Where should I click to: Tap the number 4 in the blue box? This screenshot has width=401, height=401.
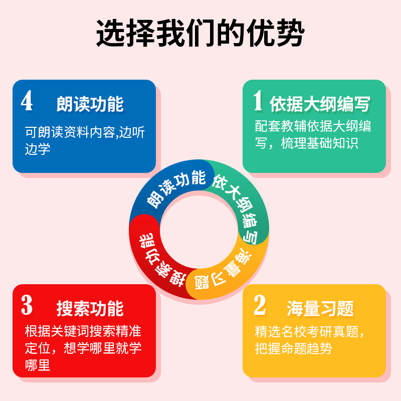27,101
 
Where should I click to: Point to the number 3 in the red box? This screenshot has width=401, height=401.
27,305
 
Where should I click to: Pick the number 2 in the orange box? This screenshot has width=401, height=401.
259,305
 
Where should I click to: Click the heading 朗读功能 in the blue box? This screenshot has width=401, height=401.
90,104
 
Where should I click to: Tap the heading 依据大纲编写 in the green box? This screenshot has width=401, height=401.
320,104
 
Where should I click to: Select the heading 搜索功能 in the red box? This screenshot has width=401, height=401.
90,308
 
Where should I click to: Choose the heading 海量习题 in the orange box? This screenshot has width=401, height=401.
320,308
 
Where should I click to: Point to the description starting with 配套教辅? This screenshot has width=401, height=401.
313,134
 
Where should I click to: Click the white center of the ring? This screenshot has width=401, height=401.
199,229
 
